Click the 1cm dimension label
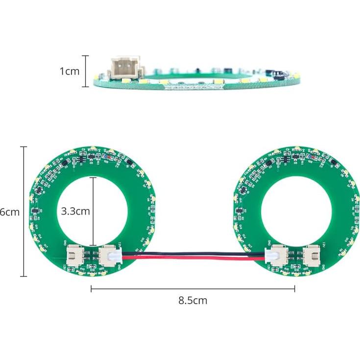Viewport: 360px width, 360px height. click(x=69, y=71)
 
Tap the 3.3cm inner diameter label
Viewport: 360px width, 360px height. click(x=75, y=212)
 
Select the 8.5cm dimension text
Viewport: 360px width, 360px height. click(x=192, y=301)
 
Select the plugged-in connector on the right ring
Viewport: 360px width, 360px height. click(x=275, y=255)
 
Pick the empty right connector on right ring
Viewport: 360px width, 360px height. click(x=311, y=255)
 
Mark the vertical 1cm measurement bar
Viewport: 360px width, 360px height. click(x=86, y=71)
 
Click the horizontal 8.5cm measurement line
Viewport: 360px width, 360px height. click(x=192, y=289)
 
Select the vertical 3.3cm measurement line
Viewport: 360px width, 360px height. click(x=93, y=212)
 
